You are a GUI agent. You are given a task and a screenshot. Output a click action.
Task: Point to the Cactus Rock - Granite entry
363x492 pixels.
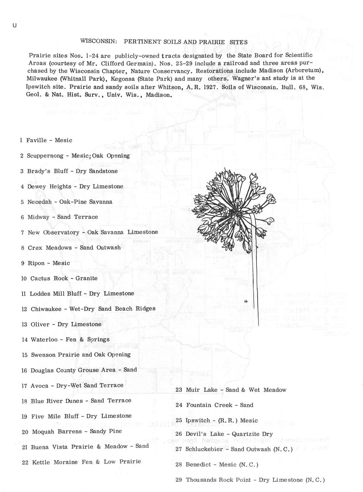click(59, 278)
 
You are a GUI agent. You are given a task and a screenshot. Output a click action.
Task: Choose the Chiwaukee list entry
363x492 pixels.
click(88, 309)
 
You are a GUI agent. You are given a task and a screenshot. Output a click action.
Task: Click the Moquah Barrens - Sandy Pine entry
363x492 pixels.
click(72, 431)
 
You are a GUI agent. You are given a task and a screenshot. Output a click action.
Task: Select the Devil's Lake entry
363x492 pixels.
click(224, 434)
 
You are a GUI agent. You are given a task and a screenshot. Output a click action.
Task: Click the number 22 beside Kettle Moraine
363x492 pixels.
click(25, 462)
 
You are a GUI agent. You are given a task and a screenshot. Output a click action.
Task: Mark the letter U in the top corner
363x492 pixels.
click(14, 25)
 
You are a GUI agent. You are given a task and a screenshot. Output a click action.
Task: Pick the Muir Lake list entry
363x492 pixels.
click(231, 390)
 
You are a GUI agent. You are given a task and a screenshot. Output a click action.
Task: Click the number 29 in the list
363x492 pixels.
click(179, 480)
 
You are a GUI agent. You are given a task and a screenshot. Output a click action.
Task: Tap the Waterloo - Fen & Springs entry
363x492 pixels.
click(66, 339)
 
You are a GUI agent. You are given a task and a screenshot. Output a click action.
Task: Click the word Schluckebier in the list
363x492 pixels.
click(204, 449)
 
